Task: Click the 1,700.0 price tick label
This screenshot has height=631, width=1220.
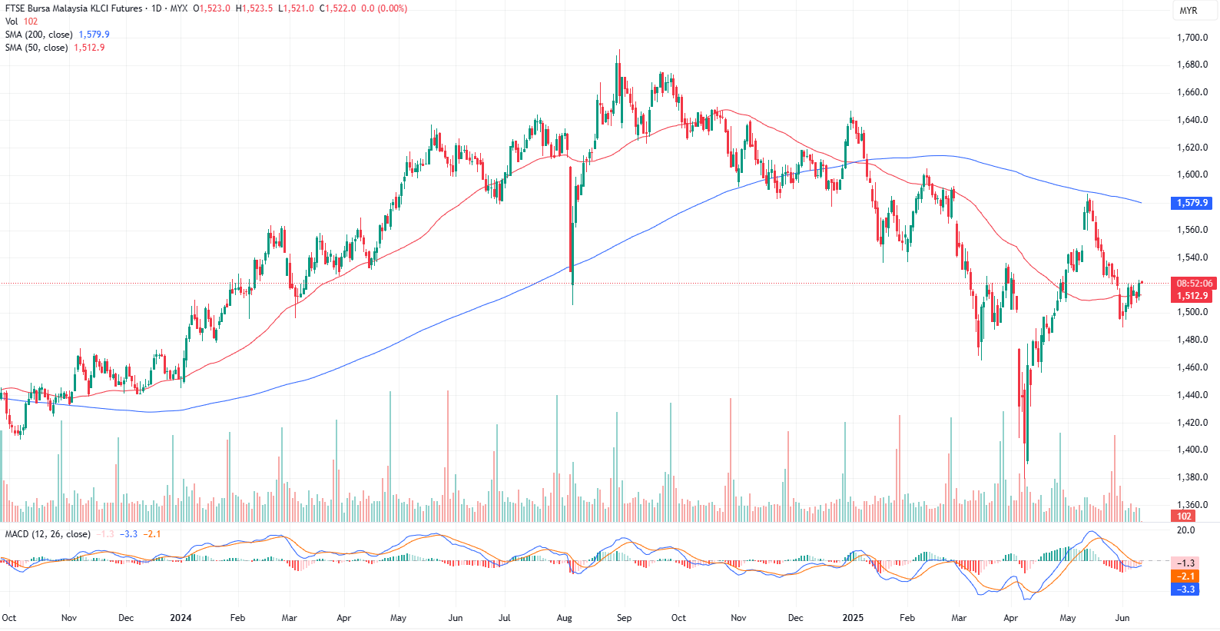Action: point(1192,38)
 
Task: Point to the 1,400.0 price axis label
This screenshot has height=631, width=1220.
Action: point(1192,450)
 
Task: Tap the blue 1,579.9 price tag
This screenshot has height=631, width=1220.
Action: point(1192,203)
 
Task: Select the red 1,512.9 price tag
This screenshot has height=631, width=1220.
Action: point(1192,296)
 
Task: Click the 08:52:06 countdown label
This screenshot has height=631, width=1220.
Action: point(1194,284)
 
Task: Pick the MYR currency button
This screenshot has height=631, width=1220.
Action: point(1189,11)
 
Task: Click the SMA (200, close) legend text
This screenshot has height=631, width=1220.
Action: point(38,35)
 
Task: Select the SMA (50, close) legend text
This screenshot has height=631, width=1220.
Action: point(36,48)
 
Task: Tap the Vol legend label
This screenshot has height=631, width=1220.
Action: point(12,22)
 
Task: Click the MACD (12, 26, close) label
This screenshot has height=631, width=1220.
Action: point(48,534)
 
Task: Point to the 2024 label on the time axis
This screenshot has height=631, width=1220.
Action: point(181,618)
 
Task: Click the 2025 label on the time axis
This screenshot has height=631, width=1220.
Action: point(853,618)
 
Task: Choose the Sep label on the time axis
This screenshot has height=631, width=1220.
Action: point(624,618)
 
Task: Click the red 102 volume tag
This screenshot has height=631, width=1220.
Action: point(1184,516)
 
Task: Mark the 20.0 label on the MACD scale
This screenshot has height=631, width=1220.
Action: point(1186,530)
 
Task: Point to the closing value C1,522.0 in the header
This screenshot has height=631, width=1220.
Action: point(337,8)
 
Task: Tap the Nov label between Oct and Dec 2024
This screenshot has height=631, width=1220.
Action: point(738,618)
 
